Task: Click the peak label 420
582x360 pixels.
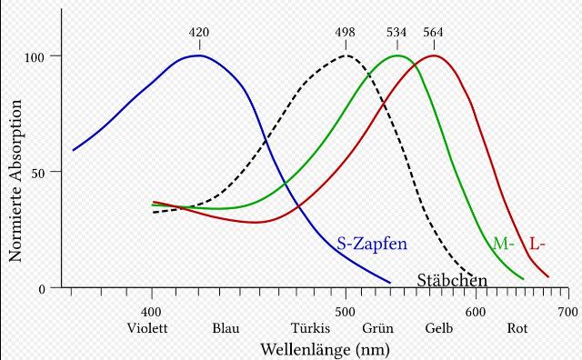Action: (199, 33)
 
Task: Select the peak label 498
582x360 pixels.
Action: (346, 33)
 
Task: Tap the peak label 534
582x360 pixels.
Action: (396, 33)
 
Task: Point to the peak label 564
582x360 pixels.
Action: (435, 33)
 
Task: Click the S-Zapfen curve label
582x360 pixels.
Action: (372, 244)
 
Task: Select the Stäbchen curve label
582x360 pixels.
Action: (452, 280)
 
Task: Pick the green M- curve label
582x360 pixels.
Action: (503, 244)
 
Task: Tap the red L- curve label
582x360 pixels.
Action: (537, 244)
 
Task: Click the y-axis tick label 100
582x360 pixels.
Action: (35, 56)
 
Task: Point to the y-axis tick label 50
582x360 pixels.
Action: (39, 172)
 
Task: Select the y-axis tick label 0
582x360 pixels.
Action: (43, 289)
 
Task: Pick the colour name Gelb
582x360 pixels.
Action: (439, 329)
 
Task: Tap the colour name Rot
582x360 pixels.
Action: (517, 329)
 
